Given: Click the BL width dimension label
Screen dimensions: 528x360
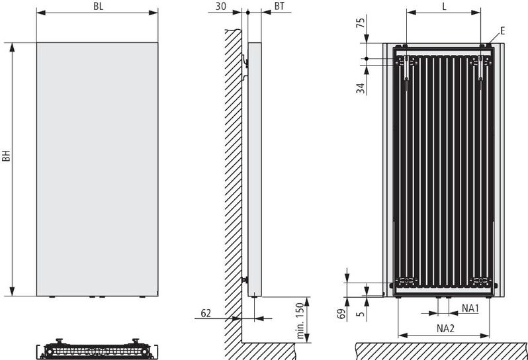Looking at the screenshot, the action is click(x=99, y=7).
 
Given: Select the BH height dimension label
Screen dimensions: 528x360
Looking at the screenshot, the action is click(x=7, y=156).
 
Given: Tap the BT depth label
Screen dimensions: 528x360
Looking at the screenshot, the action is click(x=279, y=6).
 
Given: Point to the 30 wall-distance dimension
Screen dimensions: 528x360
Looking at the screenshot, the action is click(x=220, y=6).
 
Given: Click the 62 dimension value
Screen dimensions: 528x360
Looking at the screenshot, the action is click(x=206, y=313).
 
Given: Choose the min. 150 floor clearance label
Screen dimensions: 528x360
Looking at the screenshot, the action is click(x=300, y=320).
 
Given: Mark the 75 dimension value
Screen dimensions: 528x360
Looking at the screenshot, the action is click(x=361, y=23).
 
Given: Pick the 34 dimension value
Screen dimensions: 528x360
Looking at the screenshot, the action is click(x=361, y=88).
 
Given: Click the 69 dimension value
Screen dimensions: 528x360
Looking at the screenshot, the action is click(x=341, y=314).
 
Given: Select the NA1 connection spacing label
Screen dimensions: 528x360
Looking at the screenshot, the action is click(x=470, y=308).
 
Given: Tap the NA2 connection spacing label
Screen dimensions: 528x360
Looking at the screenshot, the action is click(x=445, y=328).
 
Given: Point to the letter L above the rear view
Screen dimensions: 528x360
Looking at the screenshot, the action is click(x=444, y=7).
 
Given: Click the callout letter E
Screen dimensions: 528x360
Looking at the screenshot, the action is click(x=502, y=31).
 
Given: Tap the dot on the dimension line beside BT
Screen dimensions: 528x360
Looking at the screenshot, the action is click(x=248, y=13).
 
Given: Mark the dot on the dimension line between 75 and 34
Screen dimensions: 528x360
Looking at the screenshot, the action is click(x=367, y=59).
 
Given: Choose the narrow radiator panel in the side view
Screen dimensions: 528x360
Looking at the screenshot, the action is click(x=255, y=169).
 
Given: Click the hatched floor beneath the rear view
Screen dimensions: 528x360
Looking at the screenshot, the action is click(x=441, y=351).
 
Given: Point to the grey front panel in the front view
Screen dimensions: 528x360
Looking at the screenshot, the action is click(x=97, y=169).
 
